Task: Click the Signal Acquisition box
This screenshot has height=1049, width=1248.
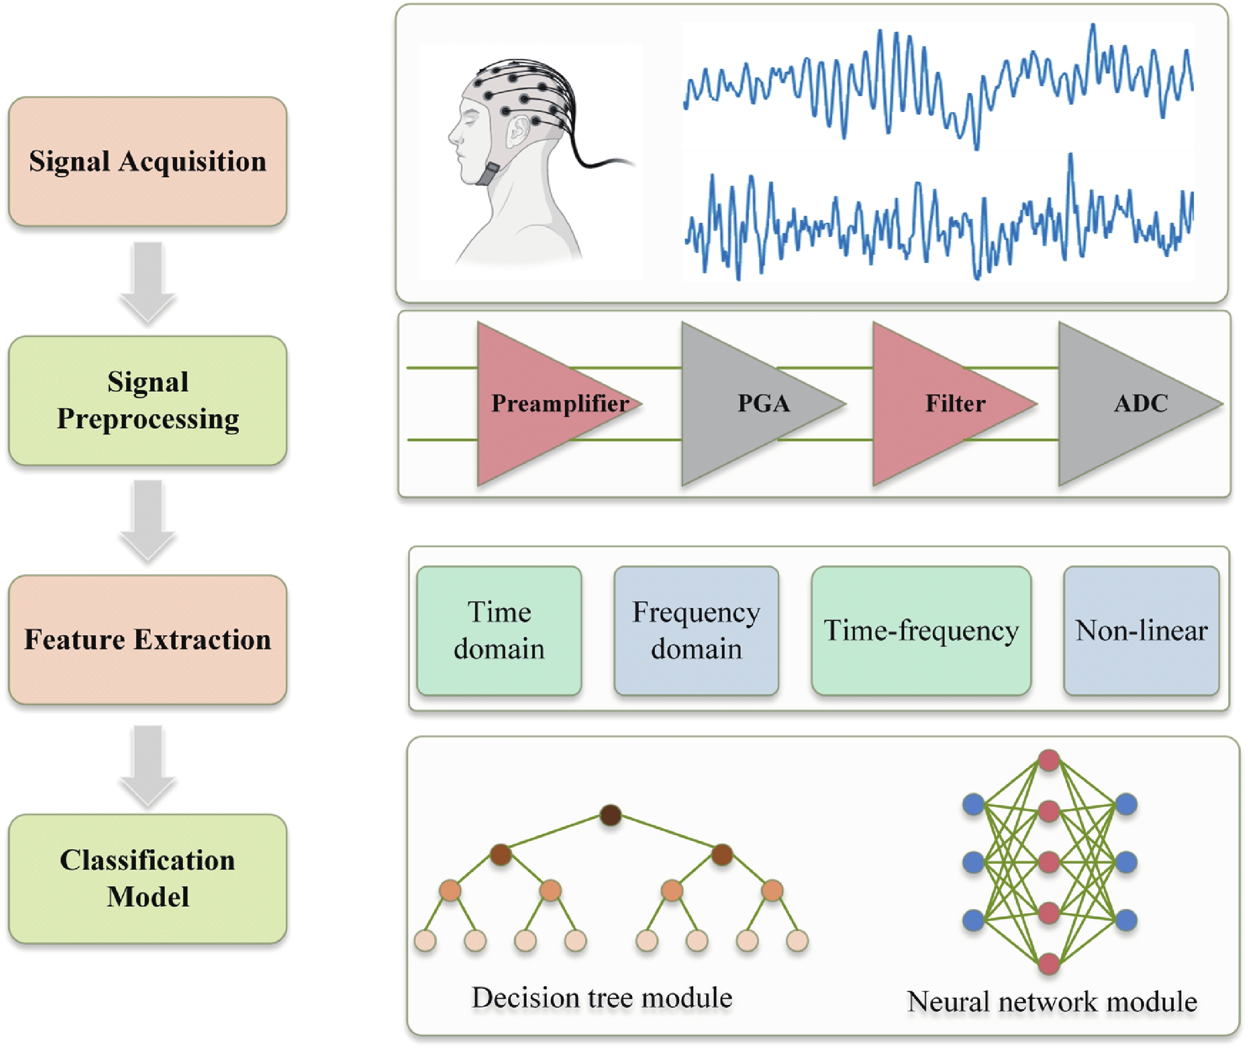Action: coord(147,162)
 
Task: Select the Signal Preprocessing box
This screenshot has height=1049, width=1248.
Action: coord(147,401)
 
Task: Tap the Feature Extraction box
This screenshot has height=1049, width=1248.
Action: coord(147,640)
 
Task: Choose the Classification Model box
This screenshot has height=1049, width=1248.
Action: coord(147,879)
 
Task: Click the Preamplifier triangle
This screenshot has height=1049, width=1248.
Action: coord(535,404)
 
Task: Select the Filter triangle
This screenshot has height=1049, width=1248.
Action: coord(933,404)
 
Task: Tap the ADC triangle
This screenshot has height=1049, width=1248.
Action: coord(1117,404)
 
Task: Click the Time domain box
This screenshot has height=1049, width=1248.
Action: coord(499,631)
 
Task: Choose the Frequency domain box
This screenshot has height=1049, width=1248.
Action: coord(696,631)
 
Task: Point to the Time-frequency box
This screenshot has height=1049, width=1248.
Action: coord(920,631)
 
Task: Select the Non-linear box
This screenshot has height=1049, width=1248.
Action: coord(1141,631)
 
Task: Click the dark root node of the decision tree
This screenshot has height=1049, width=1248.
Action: coord(611,815)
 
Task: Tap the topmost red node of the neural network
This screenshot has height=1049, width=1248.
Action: coord(1049,760)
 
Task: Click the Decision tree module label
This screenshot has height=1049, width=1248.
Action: coord(601,998)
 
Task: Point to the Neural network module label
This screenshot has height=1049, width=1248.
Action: coord(1052,1002)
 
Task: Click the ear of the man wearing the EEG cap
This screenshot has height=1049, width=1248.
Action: coord(518,131)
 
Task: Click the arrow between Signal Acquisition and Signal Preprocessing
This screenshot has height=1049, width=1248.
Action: coord(147,282)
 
